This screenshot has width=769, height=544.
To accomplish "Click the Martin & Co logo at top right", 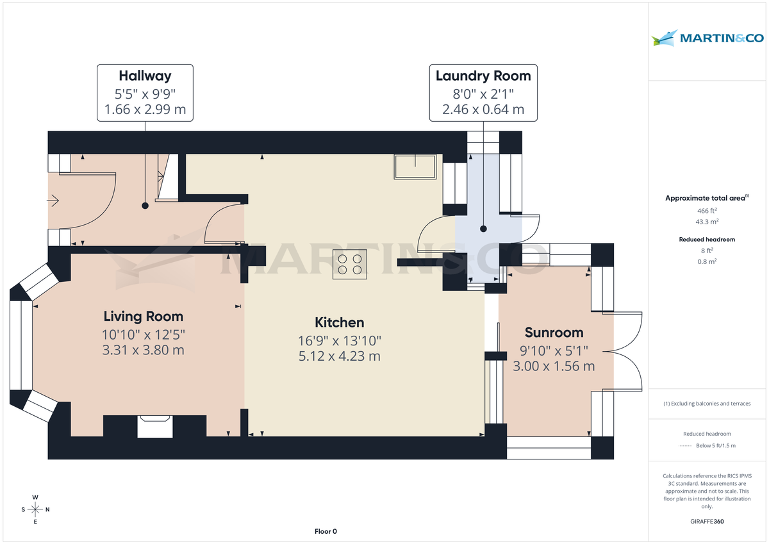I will tap(707, 38).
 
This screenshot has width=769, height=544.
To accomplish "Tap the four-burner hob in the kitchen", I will tap(349, 263).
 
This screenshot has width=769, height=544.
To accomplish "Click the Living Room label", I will tap(144, 317).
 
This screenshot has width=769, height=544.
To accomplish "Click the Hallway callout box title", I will tap(145, 76).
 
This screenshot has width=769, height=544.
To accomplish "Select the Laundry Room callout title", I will tap(483, 76).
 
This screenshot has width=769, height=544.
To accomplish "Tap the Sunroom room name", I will tap(554, 333).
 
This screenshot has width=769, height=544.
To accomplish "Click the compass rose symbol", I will tap(35, 509).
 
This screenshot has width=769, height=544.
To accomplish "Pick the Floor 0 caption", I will tap(326, 531).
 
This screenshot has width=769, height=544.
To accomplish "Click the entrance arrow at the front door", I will tap(53, 201).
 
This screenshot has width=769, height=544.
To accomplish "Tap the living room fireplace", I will tap(155, 426).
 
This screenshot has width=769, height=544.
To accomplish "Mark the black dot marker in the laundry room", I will tap(484, 229).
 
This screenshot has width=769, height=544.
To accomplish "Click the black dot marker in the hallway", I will tap(145, 206).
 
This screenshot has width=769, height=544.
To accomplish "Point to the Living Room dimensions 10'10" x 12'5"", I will tap(144, 334).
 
